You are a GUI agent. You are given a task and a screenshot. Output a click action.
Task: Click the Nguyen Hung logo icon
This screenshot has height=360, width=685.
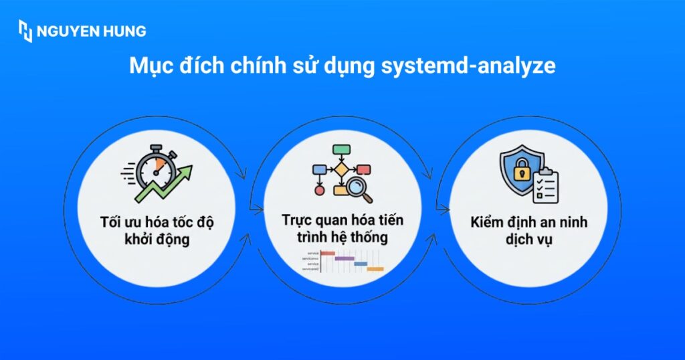(x=25, y=31)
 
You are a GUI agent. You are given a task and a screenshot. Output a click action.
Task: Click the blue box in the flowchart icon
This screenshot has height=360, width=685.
(x=318, y=169)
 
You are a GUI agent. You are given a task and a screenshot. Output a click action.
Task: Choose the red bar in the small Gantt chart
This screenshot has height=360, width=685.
(x=328, y=253)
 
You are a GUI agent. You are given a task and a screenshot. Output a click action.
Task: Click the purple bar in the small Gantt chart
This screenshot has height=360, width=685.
(x=344, y=258)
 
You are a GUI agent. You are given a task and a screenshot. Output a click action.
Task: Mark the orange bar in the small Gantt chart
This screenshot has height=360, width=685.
(x=375, y=269)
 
